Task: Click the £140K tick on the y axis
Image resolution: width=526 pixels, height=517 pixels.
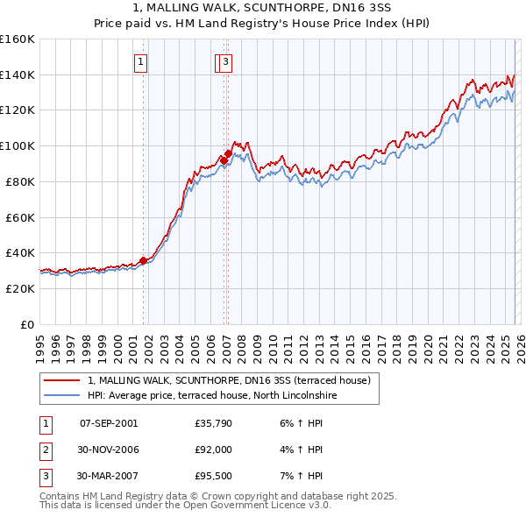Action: click(18, 74)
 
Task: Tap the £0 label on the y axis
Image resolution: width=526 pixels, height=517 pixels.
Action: click(28, 324)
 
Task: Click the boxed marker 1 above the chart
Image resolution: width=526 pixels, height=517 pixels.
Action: click(141, 61)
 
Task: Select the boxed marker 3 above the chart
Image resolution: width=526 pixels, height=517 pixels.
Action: click(225, 61)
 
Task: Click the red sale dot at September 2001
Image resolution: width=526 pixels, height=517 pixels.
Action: click(143, 260)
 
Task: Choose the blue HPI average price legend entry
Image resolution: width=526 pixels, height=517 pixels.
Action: click(212, 396)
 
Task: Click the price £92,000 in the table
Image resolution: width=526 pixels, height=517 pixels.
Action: click(213, 450)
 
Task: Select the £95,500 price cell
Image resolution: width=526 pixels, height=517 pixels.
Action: click(213, 476)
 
